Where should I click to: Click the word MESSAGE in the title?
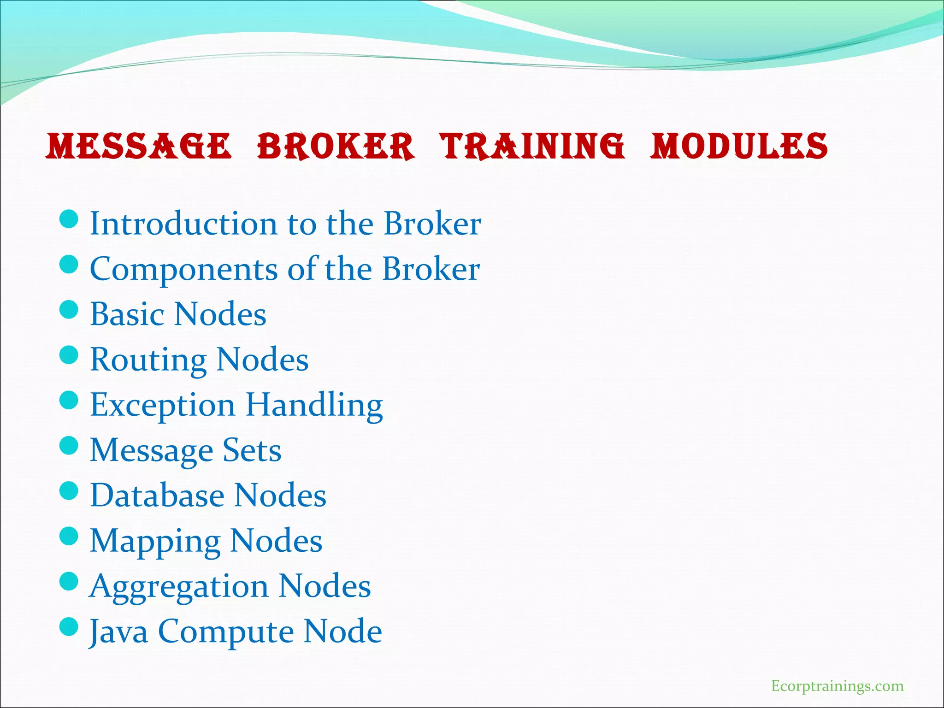[x=138, y=147]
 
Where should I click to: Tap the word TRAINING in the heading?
[x=533, y=147]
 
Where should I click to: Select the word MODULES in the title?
[x=739, y=147]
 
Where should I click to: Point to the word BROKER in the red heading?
[x=335, y=147]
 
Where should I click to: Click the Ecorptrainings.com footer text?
[x=837, y=686]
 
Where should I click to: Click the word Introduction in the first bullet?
[x=183, y=224]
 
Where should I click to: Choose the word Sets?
[x=252, y=450]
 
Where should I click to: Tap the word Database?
[x=157, y=496]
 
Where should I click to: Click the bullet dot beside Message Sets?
[x=69, y=446]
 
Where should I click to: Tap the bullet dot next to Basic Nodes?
[x=69, y=310]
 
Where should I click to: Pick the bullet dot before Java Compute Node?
[x=69, y=627]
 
